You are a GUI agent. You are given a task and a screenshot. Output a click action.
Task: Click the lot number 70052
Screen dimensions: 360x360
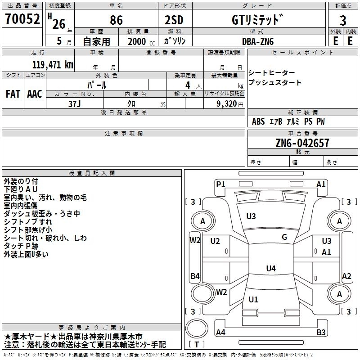(x=22, y=19)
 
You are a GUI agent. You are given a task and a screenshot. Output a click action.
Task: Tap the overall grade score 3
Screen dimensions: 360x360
(x=343, y=21)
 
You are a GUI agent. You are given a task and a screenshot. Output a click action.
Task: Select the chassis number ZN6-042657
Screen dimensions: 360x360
(x=302, y=143)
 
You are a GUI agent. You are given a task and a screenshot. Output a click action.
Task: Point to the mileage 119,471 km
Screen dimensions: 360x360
(x=53, y=64)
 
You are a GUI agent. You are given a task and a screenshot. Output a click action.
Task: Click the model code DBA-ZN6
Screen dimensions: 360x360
(x=258, y=41)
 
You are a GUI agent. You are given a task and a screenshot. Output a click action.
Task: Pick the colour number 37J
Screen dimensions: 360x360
(x=75, y=104)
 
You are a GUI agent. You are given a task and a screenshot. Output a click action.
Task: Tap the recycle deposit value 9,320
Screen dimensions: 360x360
(x=227, y=104)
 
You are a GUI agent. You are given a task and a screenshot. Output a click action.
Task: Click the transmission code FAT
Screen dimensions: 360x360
(x=13, y=94)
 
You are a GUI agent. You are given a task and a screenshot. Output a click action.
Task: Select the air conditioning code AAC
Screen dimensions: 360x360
(x=35, y=94)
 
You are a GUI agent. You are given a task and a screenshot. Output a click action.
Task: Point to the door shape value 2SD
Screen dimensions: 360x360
(x=174, y=20)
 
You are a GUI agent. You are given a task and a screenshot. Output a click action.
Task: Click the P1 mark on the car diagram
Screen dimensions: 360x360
(x=220, y=184)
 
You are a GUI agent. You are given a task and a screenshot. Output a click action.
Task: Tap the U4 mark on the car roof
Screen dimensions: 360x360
(x=271, y=268)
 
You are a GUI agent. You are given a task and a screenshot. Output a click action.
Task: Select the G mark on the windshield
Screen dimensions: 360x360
(x=284, y=237)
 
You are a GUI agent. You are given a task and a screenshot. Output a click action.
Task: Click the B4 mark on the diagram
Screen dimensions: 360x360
(x=195, y=276)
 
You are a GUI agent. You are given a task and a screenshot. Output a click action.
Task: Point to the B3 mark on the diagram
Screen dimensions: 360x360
(x=321, y=332)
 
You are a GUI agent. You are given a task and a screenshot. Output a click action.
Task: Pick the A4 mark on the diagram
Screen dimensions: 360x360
(x=220, y=332)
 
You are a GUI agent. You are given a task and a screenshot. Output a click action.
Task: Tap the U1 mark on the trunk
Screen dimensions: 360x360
(x=253, y=299)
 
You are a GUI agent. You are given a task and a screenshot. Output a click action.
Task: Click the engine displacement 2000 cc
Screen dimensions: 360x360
(x=141, y=41)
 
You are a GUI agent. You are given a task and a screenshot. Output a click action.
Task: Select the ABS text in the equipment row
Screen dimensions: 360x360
(x=258, y=121)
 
